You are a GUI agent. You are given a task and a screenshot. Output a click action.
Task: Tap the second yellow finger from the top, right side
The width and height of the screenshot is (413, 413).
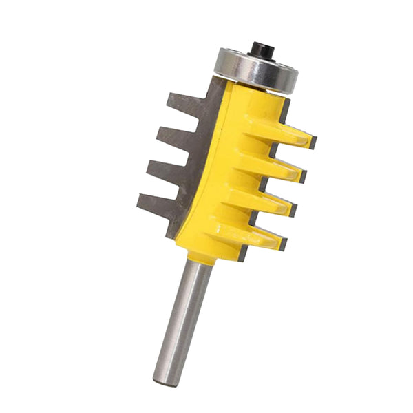point(279,169)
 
